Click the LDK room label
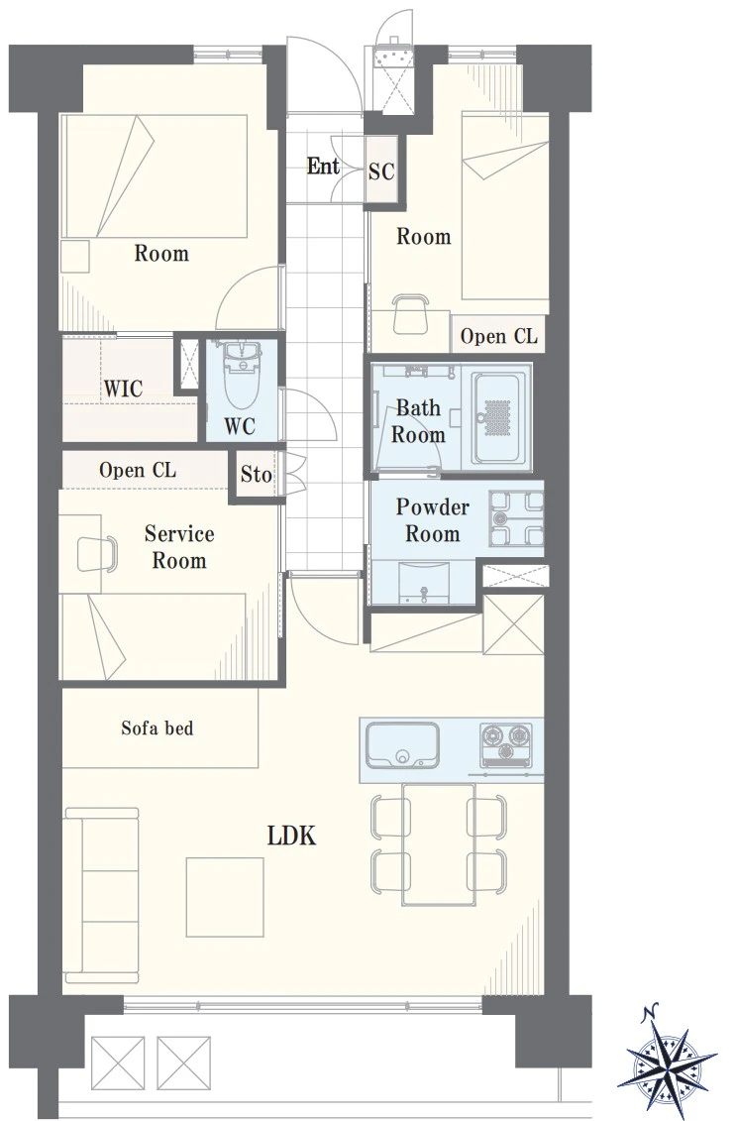click(291, 835)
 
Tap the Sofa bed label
click(157, 728)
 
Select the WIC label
click(124, 389)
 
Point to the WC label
click(240, 426)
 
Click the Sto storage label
click(256, 474)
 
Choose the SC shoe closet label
click(381, 171)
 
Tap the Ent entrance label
click(323, 166)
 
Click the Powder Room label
click(432, 520)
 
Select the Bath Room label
click(418, 421)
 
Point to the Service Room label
click(179, 547)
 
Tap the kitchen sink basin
click(402, 744)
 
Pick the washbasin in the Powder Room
click(424, 583)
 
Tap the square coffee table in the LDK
click(225, 897)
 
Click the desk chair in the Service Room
click(96, 554)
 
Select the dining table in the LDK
click(439, 844)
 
